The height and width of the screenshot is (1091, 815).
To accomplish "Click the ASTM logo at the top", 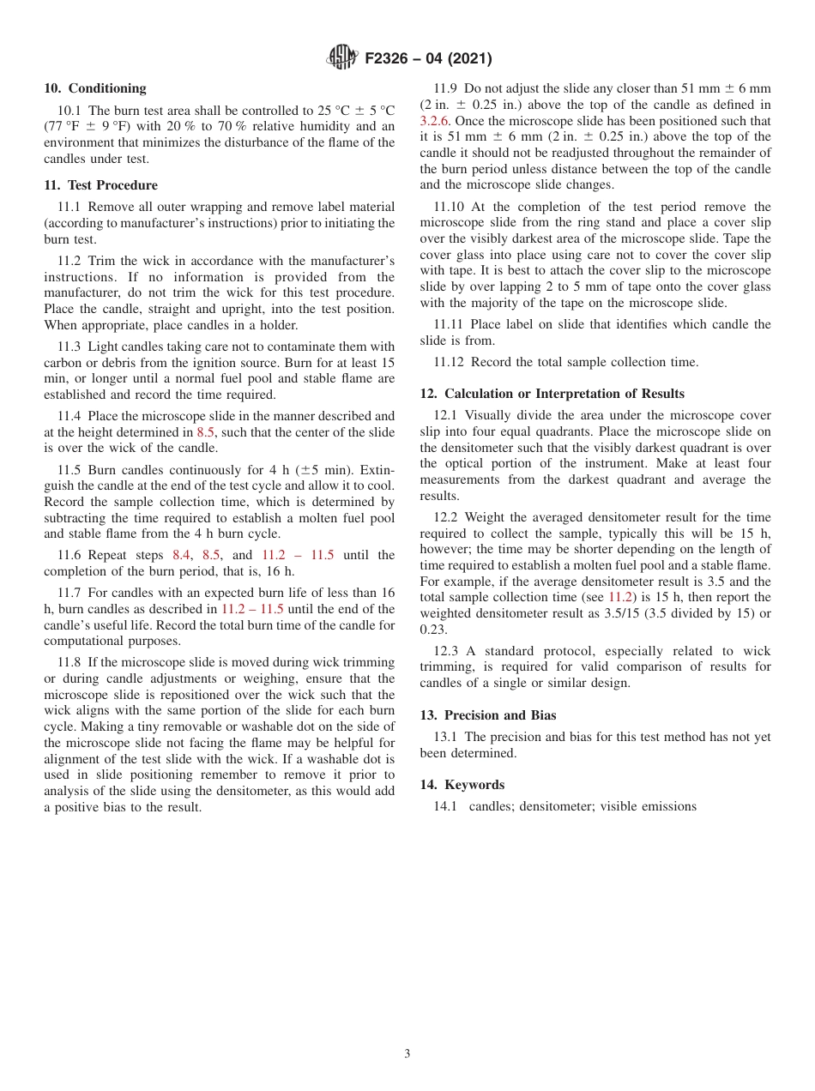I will pyautogui.click(x=343, y=58).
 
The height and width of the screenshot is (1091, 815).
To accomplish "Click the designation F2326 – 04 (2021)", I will pyautogui.click(x=428, y=59).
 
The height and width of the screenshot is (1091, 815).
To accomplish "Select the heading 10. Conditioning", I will pyautogui.click(x=95, y=88).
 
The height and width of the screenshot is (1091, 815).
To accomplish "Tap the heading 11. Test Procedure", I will pyautogui.click(x=100, y=185).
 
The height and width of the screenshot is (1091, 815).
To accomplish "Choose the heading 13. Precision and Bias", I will pyautogui.click(x=488, y=715).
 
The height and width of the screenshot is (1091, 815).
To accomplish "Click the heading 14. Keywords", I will pyautogui.click(x=462, y=785).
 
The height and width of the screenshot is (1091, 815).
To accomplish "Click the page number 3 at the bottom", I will pyautogui.click(x=407, y=1054).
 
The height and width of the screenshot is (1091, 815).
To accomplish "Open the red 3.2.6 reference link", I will pyautogui.click(x=435, y=121).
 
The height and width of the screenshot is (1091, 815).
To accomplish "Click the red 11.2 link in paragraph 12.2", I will pyautogui.click(x=620, y=597).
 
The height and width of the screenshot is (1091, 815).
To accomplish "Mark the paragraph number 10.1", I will pyautogui.click(x=71, y=111).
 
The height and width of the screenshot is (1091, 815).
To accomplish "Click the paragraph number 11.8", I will pyautogui.click(x=70, y=662).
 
